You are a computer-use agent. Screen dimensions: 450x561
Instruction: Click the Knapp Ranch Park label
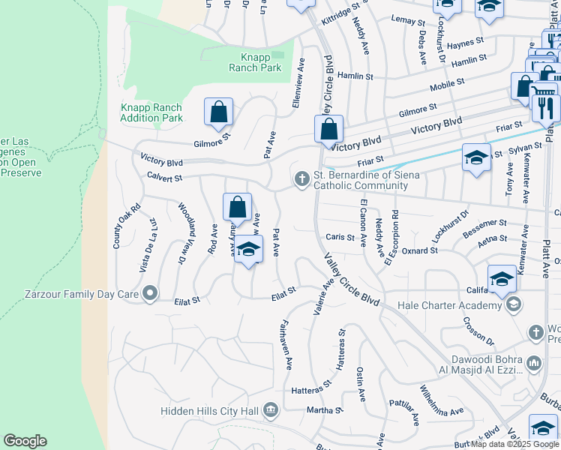[x=255, y=62]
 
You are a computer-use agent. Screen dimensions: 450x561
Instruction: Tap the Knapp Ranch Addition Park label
[x=151, y=112]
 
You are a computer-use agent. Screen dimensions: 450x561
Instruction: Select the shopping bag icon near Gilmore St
[x=218, y=112]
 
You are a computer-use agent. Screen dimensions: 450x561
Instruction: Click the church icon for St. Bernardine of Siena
[x=301, y=178]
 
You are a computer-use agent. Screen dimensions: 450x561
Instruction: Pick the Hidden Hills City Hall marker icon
[x=271, y=410]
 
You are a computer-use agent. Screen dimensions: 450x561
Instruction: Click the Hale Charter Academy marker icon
[x=513, y=304]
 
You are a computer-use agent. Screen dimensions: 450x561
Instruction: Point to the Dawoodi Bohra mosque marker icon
[x=534, y=362]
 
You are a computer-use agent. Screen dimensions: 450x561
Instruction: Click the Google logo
[x=25, y=441]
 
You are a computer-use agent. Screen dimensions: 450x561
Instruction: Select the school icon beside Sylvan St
[x=475, y=157]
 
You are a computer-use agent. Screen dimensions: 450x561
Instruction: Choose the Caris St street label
[x=340, y=237]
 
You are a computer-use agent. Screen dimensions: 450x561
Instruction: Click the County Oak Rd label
[x=117, y=227]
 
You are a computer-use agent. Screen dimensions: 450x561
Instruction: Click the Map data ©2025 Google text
[x=514, y=444]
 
